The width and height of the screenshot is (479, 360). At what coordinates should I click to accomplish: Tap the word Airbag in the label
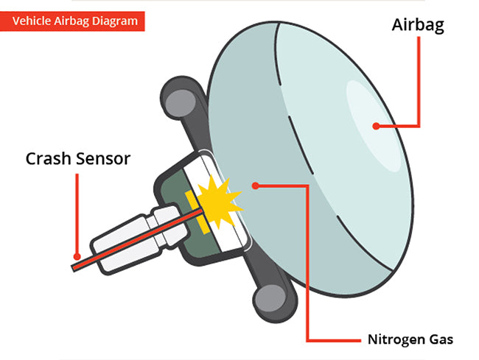point(417,26)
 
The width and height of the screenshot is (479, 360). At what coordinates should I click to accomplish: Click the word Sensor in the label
point(103,158)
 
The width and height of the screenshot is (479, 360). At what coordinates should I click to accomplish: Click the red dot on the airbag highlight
point(376,126)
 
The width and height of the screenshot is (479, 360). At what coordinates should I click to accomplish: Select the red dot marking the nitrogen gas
point(254,186)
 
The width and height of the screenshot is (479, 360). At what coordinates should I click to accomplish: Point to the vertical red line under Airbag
point(419,81)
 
